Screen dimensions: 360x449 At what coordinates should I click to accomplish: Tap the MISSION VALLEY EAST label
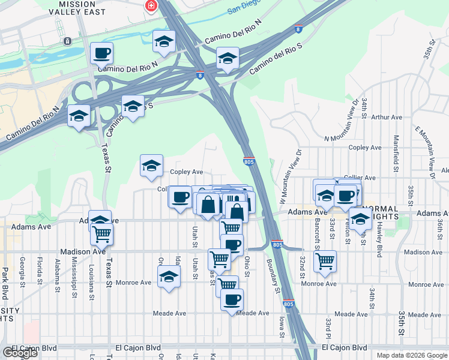[x=77, y=9]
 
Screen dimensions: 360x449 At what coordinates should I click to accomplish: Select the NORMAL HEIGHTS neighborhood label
[x=379, y=214]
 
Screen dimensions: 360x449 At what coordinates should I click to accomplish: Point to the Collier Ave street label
[x=361, y=178]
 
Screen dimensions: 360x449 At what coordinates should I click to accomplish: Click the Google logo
[x=20, y=353]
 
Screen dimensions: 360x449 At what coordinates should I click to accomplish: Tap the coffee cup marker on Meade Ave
[x=232, y=299]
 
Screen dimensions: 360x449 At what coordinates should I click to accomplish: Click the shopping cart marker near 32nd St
[x=325, y=261]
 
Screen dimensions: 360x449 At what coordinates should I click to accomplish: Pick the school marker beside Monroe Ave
[x=169, y=277]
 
